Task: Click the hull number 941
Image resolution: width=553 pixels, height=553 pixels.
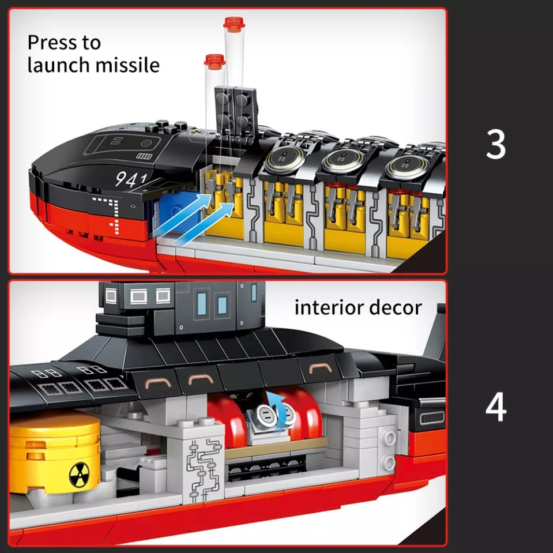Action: [131, 179]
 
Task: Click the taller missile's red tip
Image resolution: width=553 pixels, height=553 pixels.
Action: [234, 23]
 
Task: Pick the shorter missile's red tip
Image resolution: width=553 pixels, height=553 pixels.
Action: [214, 61]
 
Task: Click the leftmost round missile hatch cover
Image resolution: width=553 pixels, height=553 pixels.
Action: [283, 159]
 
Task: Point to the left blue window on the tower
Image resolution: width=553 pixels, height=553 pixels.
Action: [202, 303]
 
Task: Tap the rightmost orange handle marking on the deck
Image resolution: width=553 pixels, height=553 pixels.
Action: [320, 368]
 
